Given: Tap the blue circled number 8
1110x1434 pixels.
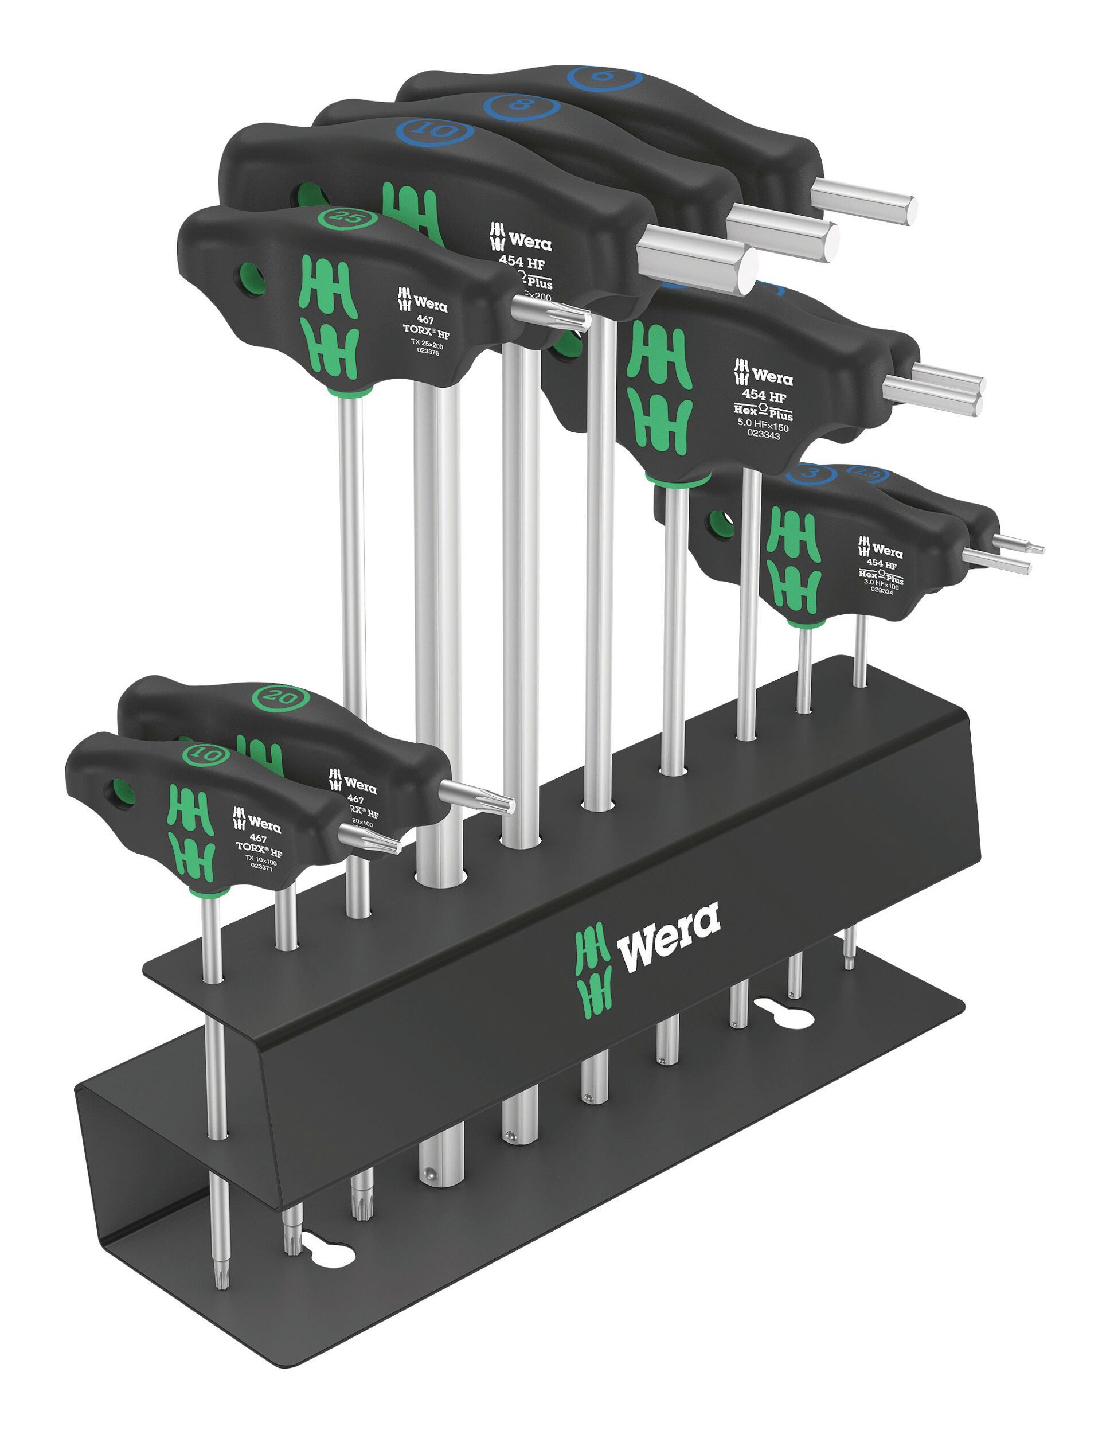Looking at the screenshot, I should (x=522, y=105).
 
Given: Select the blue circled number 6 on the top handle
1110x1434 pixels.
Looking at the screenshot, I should (x=604, y=77).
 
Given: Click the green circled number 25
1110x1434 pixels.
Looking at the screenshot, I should (x=348, y=217).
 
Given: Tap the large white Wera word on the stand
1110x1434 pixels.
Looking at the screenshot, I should (x=668, y=936).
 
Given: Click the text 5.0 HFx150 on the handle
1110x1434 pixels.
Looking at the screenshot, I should (x=763, y=426).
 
